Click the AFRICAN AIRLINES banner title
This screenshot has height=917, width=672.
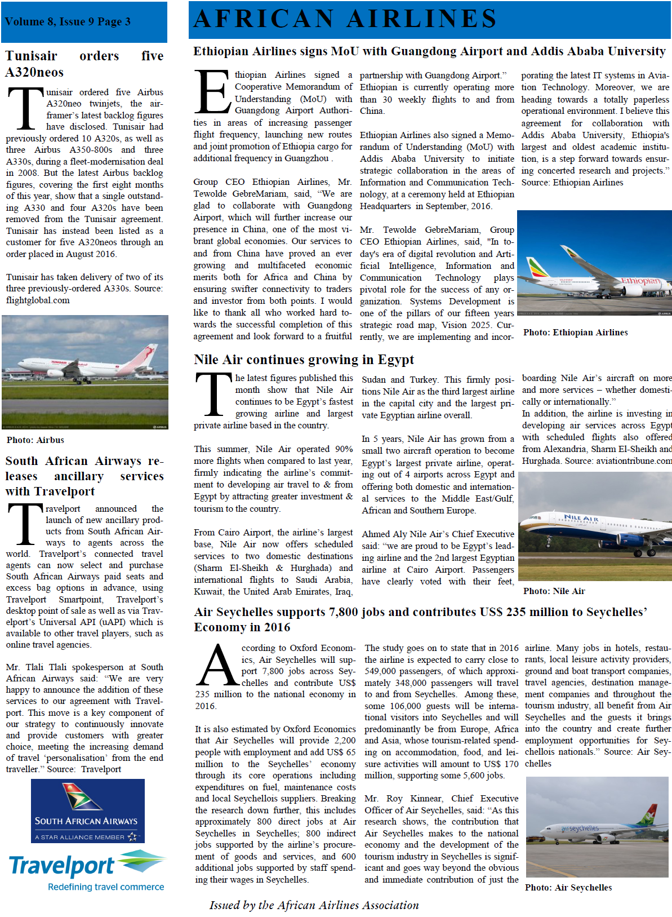[345, 19]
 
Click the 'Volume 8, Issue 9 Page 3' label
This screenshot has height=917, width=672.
[68, 22]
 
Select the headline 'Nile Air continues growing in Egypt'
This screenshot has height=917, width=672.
[304, 360]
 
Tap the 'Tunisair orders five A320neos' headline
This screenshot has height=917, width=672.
[84, 64]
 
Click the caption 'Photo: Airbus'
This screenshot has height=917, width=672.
[35, 440]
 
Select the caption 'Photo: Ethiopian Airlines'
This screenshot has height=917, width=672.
[575, 333]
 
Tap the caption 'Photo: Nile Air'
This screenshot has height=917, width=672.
[554, 591]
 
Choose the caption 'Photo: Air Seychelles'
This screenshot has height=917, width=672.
[568, 888]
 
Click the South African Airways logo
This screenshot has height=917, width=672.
[87, 810]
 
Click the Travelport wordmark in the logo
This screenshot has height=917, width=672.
[62, 866]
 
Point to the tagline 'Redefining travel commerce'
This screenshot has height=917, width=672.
[106, 887]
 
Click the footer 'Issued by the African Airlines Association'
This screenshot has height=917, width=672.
[314, 905]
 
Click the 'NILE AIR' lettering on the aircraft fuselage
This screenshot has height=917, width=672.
[581, 518]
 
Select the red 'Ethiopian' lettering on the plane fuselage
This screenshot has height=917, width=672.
[640, 281]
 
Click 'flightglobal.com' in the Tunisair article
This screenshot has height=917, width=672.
[38, 300]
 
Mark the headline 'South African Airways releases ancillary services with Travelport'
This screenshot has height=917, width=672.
[84, 476]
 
